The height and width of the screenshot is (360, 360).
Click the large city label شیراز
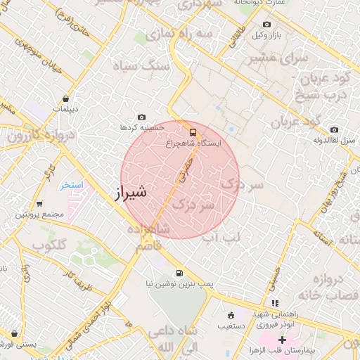[131, 191]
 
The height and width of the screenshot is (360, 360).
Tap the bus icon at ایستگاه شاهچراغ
[193, 131]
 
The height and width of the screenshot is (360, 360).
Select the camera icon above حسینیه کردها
[142, 117]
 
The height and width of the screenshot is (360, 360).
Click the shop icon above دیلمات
[65, 99]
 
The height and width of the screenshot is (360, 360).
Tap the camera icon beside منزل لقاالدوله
[333, 130]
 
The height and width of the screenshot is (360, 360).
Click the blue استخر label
[71, 185]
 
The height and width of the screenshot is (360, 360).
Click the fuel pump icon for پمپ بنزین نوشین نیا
[179, 274]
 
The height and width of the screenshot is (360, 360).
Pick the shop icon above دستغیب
[231, 315]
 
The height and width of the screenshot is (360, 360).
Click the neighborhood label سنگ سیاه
[146, 65]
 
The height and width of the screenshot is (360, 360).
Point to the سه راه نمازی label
[204, 34]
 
